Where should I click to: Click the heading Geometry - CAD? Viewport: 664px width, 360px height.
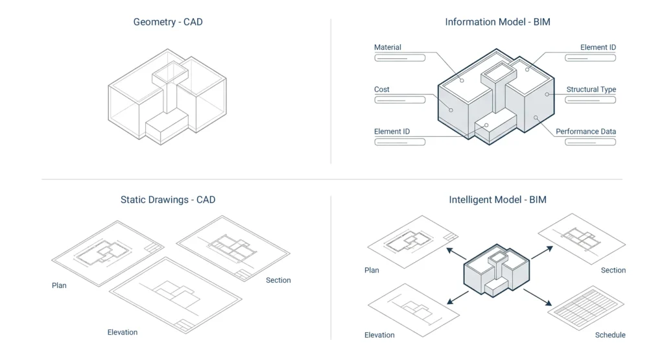tap(168, 22)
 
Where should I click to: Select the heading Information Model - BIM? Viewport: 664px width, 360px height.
tap(497, 22)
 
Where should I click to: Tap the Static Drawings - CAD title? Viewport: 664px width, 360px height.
tap(168, 200)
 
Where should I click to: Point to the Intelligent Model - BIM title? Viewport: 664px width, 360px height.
tap(497, 200)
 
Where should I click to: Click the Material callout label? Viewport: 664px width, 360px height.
tap(388, 47)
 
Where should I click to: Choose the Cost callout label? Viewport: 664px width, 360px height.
tap(382, 90)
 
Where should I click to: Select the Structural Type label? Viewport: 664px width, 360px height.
tap(591, 90)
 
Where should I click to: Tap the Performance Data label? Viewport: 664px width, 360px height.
tap(586, 132)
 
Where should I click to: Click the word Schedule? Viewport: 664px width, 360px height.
tap(610, 335)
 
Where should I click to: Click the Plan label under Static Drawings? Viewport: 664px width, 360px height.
tap(59, 285)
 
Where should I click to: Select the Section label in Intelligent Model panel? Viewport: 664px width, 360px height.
tap(613, 270)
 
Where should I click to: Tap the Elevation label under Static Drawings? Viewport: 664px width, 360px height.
tap(123, 333)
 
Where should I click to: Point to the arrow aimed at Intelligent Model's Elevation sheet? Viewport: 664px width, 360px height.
tap(457, 297)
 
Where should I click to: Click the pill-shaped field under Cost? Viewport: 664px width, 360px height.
tap(399, 100)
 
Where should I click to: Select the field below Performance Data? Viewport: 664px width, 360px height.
tap(590, 142)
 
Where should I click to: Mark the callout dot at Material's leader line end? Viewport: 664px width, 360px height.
tap(462, 81)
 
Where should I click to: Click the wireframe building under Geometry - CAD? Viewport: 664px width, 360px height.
tap(167, 94)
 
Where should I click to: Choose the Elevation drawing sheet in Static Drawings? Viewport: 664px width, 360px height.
tap(175, 295)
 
